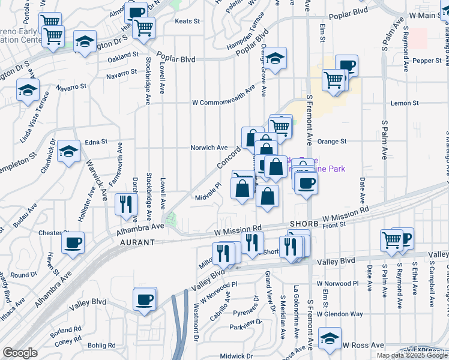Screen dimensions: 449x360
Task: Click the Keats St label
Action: tap(187, 21)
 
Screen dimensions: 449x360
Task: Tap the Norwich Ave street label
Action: tap(209, 148)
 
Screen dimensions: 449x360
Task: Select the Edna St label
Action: tap(96, 142)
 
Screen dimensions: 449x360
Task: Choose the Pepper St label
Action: tap(427, 61)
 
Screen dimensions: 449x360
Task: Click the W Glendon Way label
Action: tap(340, 314)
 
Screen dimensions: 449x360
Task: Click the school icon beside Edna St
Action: tap(69, 150)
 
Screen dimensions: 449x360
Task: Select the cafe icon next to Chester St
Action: tap(73, 242)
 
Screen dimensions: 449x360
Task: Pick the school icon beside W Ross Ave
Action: tap(330, 338)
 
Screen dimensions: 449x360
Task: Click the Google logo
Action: tap(20, 353)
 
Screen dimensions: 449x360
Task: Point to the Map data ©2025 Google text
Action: tap(412, 355)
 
